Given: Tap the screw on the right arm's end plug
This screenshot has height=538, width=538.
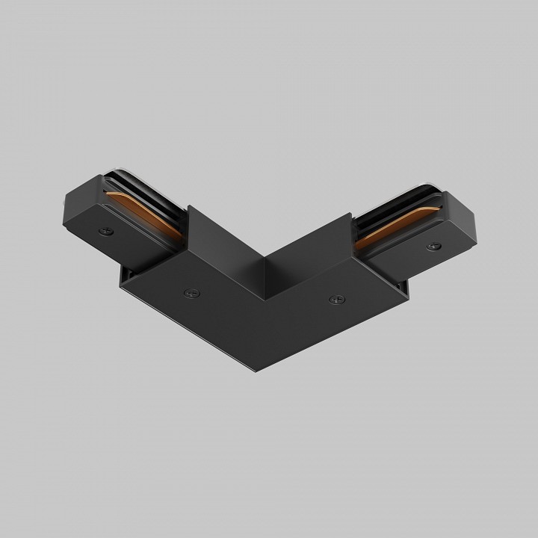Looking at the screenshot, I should [431, 246].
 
